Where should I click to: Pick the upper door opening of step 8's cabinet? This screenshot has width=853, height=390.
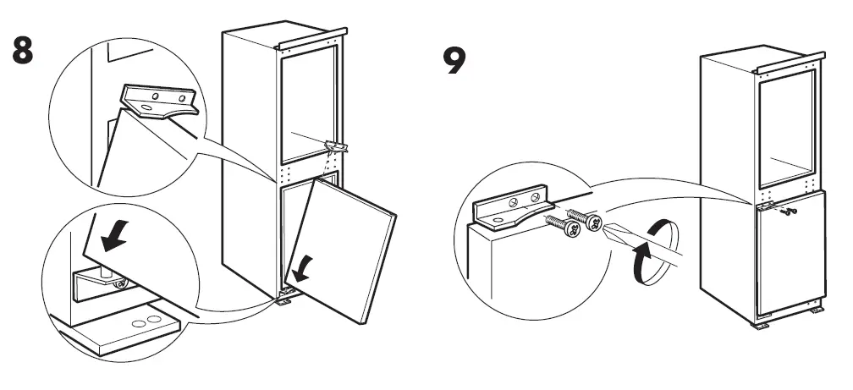pyautogui.click(x=309, y=106)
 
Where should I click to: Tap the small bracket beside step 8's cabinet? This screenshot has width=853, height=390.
pyautogui.click(x=335, y=146)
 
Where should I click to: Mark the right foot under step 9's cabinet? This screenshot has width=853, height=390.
pyautogui.click(x=816, y=310)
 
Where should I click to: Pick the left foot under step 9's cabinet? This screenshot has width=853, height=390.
pyautogui.click(x=762, y=323)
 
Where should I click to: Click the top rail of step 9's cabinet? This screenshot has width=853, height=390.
pyautogui.click(x=791, y=62)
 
